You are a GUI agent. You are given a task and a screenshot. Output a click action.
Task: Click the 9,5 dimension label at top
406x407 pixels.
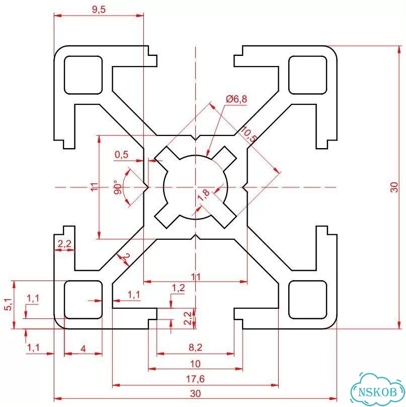point(99,10)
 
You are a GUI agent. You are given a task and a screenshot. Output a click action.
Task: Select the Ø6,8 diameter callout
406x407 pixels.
point(236,99)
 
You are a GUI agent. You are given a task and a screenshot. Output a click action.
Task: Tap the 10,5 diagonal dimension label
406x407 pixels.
point(248,134)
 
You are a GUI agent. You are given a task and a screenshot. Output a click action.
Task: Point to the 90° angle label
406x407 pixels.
point(117,187)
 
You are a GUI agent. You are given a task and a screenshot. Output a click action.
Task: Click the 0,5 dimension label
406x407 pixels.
point(121,155)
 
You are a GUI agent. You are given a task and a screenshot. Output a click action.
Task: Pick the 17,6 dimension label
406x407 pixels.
point(195,379)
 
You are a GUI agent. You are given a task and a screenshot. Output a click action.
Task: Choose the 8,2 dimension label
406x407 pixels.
point(195,347)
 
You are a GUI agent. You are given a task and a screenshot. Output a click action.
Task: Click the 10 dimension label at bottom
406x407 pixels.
point(195,364)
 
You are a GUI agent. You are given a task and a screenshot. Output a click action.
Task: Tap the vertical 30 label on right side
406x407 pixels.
point(394,187)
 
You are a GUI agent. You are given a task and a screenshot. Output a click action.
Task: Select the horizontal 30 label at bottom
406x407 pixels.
point(195,393)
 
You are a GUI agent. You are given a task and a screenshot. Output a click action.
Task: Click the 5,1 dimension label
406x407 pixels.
point(8,304)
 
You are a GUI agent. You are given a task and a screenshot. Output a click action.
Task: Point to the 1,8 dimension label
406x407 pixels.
point(204,195)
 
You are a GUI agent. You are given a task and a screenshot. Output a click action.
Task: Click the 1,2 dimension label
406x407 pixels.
point(179,288)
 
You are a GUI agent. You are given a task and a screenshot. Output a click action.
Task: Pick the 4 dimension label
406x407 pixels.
point(83,349)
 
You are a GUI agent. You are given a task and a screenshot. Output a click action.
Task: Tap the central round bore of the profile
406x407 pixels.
point(195,187)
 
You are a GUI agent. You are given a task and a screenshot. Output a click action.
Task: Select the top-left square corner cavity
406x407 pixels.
point(83,75)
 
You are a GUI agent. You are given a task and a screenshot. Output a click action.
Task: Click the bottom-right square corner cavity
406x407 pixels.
point(307,300)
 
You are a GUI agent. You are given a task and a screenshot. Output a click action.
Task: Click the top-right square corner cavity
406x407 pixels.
point(307,75)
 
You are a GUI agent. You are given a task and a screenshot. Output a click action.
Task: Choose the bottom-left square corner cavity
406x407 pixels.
point(83,300)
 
